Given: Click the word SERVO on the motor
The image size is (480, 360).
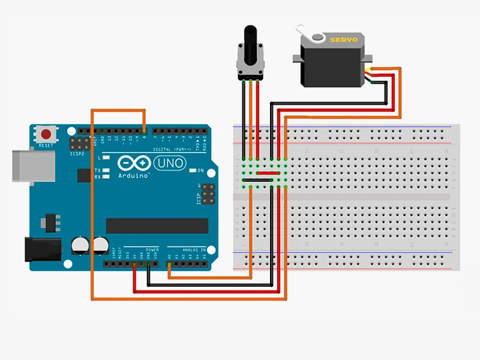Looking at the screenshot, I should coord(343,40).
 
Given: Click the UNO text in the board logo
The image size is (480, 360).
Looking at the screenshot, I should coord(171,163).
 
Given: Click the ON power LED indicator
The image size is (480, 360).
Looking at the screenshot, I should coord(194,171).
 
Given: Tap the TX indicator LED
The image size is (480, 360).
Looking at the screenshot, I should coord(106,170).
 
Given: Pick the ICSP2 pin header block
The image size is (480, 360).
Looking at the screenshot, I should coord(78,145).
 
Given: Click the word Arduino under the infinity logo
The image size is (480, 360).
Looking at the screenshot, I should coord(133,175).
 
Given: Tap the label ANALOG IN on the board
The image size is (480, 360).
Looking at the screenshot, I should coord(194,249).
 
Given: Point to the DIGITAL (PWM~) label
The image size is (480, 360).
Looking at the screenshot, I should coord(175,149).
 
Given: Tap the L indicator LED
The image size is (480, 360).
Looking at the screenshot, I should coord(106,158).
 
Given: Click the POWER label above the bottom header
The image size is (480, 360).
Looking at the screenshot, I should coord(152,249).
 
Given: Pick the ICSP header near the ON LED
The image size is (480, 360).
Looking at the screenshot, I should coord(208,193).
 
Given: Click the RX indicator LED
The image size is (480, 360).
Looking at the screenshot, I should coord(106,177).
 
